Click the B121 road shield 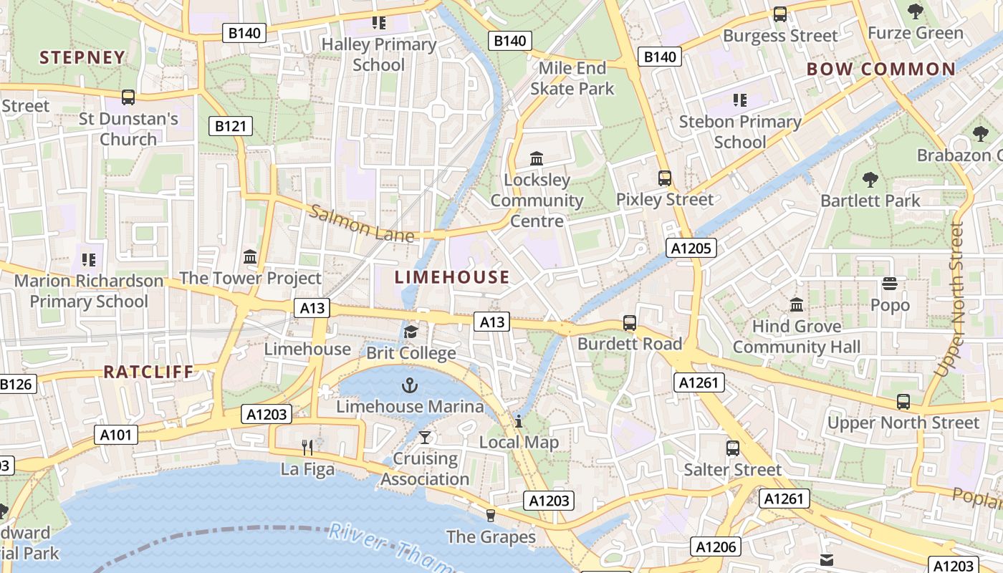[231, 127]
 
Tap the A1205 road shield [691, 249]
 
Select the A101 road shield [115, 434]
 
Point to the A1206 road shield [716, 547]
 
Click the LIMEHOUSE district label [452, 277]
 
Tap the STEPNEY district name [82, 57]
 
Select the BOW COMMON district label [880, 69]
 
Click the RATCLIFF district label [149, 372]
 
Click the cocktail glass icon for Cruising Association [425, 437]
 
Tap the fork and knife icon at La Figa [307, 448]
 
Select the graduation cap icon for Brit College [411, 332]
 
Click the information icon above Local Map [519, 421]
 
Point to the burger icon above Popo [890, 284]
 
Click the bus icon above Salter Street [732, 448]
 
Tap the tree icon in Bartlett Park [870, 179]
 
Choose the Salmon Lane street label [362, 223]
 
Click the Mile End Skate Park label [572, 78]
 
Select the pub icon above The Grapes [491, 515]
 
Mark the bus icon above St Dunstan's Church [128, 97]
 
